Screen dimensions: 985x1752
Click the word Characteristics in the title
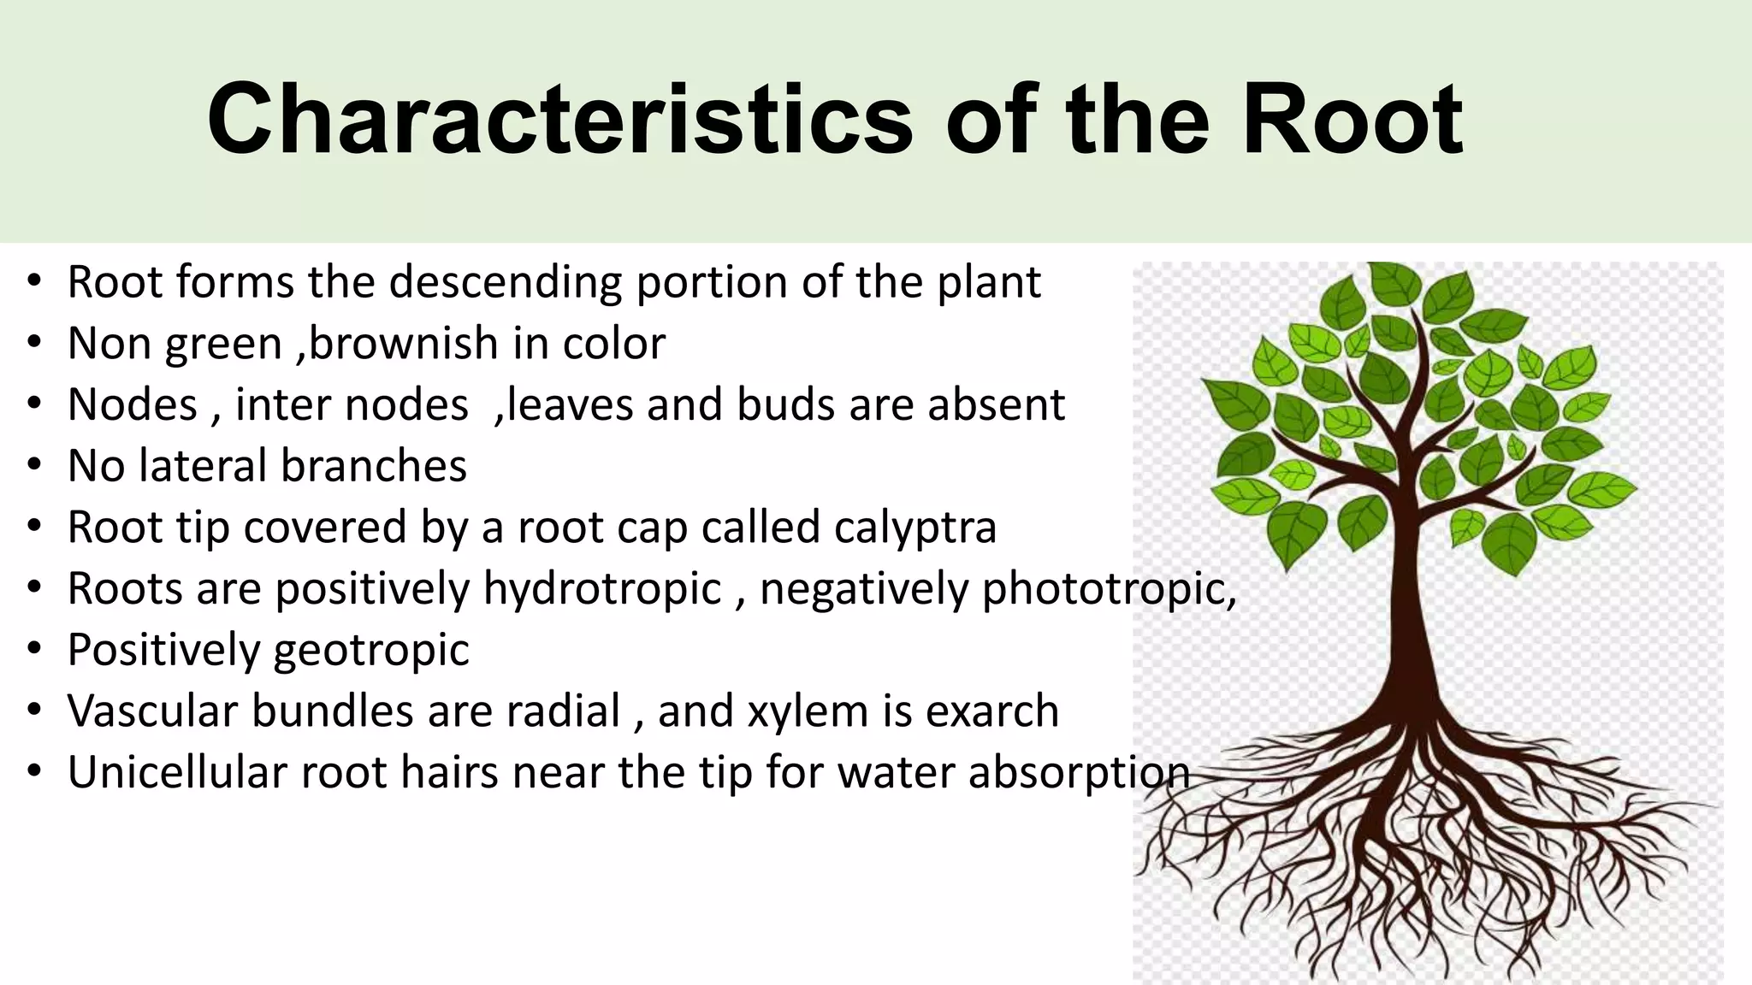click(560, 120)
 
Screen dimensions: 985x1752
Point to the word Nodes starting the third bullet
click(133, 405)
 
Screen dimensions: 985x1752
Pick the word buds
click(786, 405)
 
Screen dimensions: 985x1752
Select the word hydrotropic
click(602, 590)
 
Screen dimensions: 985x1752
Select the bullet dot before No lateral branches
click(33, 466)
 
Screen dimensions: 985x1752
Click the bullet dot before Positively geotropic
click(33, 650)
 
